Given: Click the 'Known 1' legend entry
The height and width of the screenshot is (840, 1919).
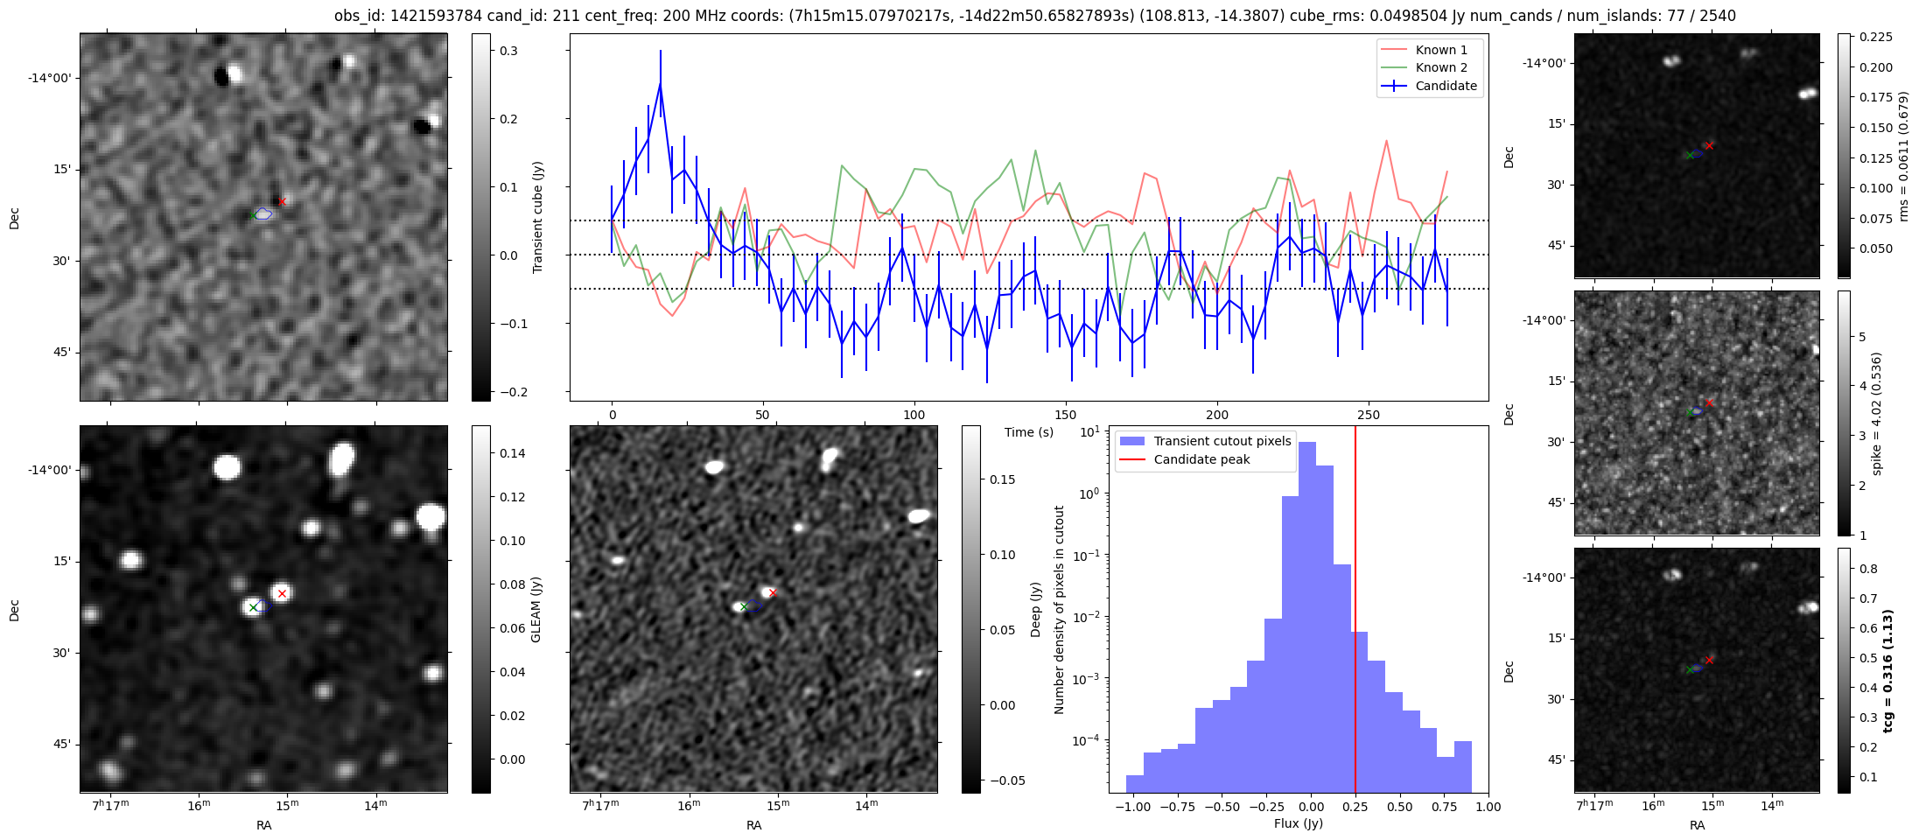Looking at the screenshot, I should tap(1440, 50).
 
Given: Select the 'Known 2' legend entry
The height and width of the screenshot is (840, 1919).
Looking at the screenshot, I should tap(1440, 67).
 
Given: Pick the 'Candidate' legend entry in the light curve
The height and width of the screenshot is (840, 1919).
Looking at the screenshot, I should tap(1446, 86).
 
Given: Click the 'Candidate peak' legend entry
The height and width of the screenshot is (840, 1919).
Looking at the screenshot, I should tap(1201, 459).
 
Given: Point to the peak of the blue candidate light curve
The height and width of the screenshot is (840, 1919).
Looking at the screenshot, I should tap(660, 83).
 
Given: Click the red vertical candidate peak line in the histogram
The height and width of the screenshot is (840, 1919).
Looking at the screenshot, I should tap(1355, 612).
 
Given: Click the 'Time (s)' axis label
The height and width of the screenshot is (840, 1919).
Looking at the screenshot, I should tap(1028, 432).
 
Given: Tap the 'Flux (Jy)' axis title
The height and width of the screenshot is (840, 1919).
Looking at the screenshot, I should tap(1299, 823).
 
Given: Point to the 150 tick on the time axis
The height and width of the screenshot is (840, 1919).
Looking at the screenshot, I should tap(1066, 415).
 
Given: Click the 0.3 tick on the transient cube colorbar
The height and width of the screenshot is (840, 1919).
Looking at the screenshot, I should tap(508, 51).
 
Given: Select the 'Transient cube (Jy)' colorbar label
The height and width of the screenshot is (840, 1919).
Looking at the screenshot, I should tap(537, 217).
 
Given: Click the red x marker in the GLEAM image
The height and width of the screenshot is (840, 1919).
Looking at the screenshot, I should tap(282, 594).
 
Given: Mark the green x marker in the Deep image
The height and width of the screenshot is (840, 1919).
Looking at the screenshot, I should tap(744, 606).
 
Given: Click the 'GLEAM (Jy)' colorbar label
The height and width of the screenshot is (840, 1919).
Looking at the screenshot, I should tap(536, 609).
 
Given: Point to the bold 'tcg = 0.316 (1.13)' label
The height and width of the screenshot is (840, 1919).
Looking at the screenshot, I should tap(1887, 670).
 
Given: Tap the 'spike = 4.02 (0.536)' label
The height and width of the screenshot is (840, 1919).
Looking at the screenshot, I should tap(1875, 413).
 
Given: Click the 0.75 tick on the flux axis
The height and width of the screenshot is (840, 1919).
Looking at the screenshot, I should tap(1445, 807).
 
